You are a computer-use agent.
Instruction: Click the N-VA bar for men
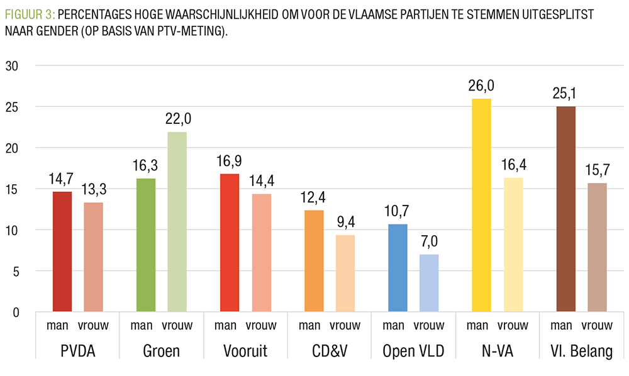pyautogui.click(x=481, y=205)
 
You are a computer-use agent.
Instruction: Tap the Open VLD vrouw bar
pyautogui.click(x=429, y=283)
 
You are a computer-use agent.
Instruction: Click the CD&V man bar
pyautogui.click(x=314, y=261)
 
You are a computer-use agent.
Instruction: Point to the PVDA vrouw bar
pyautogui.click(x=93, y=257)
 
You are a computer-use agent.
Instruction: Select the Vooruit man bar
pyautogui.click(x=230, y=243)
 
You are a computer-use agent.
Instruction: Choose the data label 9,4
pyautogui.click(x=345, y=222)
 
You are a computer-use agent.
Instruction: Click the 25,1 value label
pyautogui.click(x=565, y=94)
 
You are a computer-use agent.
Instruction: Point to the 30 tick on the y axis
pyautogui.click(x=13, y=66)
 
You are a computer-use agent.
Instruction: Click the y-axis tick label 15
pyautogui.click(x=13, y=189)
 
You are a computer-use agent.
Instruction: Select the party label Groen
pyautogui.click(x=162, y=351)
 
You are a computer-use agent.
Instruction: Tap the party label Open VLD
pyautogui.click(x=414, y=351)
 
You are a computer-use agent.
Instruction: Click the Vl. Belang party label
pyautogui.click(x=581, y=351)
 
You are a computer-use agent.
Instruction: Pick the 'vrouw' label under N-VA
pyautogui.click(x=513, y=326)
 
